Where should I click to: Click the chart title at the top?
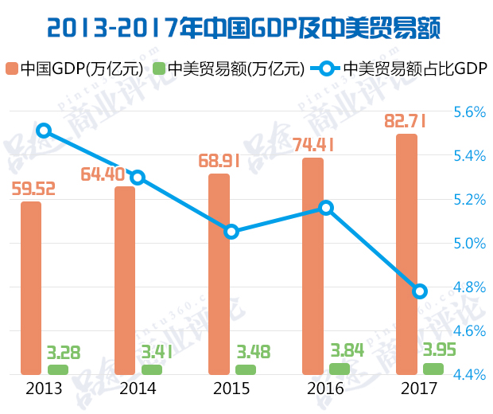tap(246, 29)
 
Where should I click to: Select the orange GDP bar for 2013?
tap(31, 287)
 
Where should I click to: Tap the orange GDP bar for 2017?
tap(406, 254)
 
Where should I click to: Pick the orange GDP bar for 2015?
tap(219, 274)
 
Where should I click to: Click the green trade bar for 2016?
tap(340, 369)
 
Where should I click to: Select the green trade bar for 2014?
tap(152, 369)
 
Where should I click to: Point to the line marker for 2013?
tap(44, 131)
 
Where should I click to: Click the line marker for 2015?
tap(231, 232)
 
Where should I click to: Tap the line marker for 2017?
tap(420, 291)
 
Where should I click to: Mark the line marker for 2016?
tap(325, 208)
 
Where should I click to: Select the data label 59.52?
tap(33, 189)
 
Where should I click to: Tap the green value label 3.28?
tap(64, 351)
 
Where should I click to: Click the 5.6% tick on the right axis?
tap(469, 111)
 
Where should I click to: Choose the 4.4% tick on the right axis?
tap(469, 374)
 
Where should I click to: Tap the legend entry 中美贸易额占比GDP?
tap(406, 68)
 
